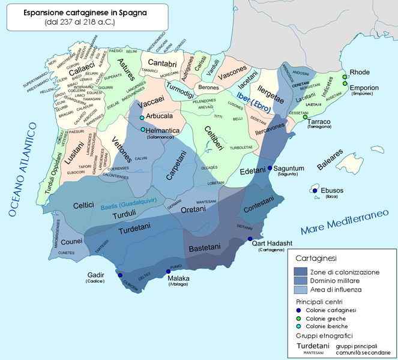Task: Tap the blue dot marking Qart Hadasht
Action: click(250, 239)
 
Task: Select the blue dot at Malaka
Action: click(169, 272)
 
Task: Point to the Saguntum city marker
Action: click(270, 168)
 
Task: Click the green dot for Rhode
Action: click(346, 77)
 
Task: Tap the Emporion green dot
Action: click(346, 84)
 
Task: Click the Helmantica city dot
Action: click(142, 130)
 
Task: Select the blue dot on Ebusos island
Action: click(316, 191)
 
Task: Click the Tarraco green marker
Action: click(305, 118)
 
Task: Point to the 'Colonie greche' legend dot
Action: click(300, 317)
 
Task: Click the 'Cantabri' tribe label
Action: click(161, 63)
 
